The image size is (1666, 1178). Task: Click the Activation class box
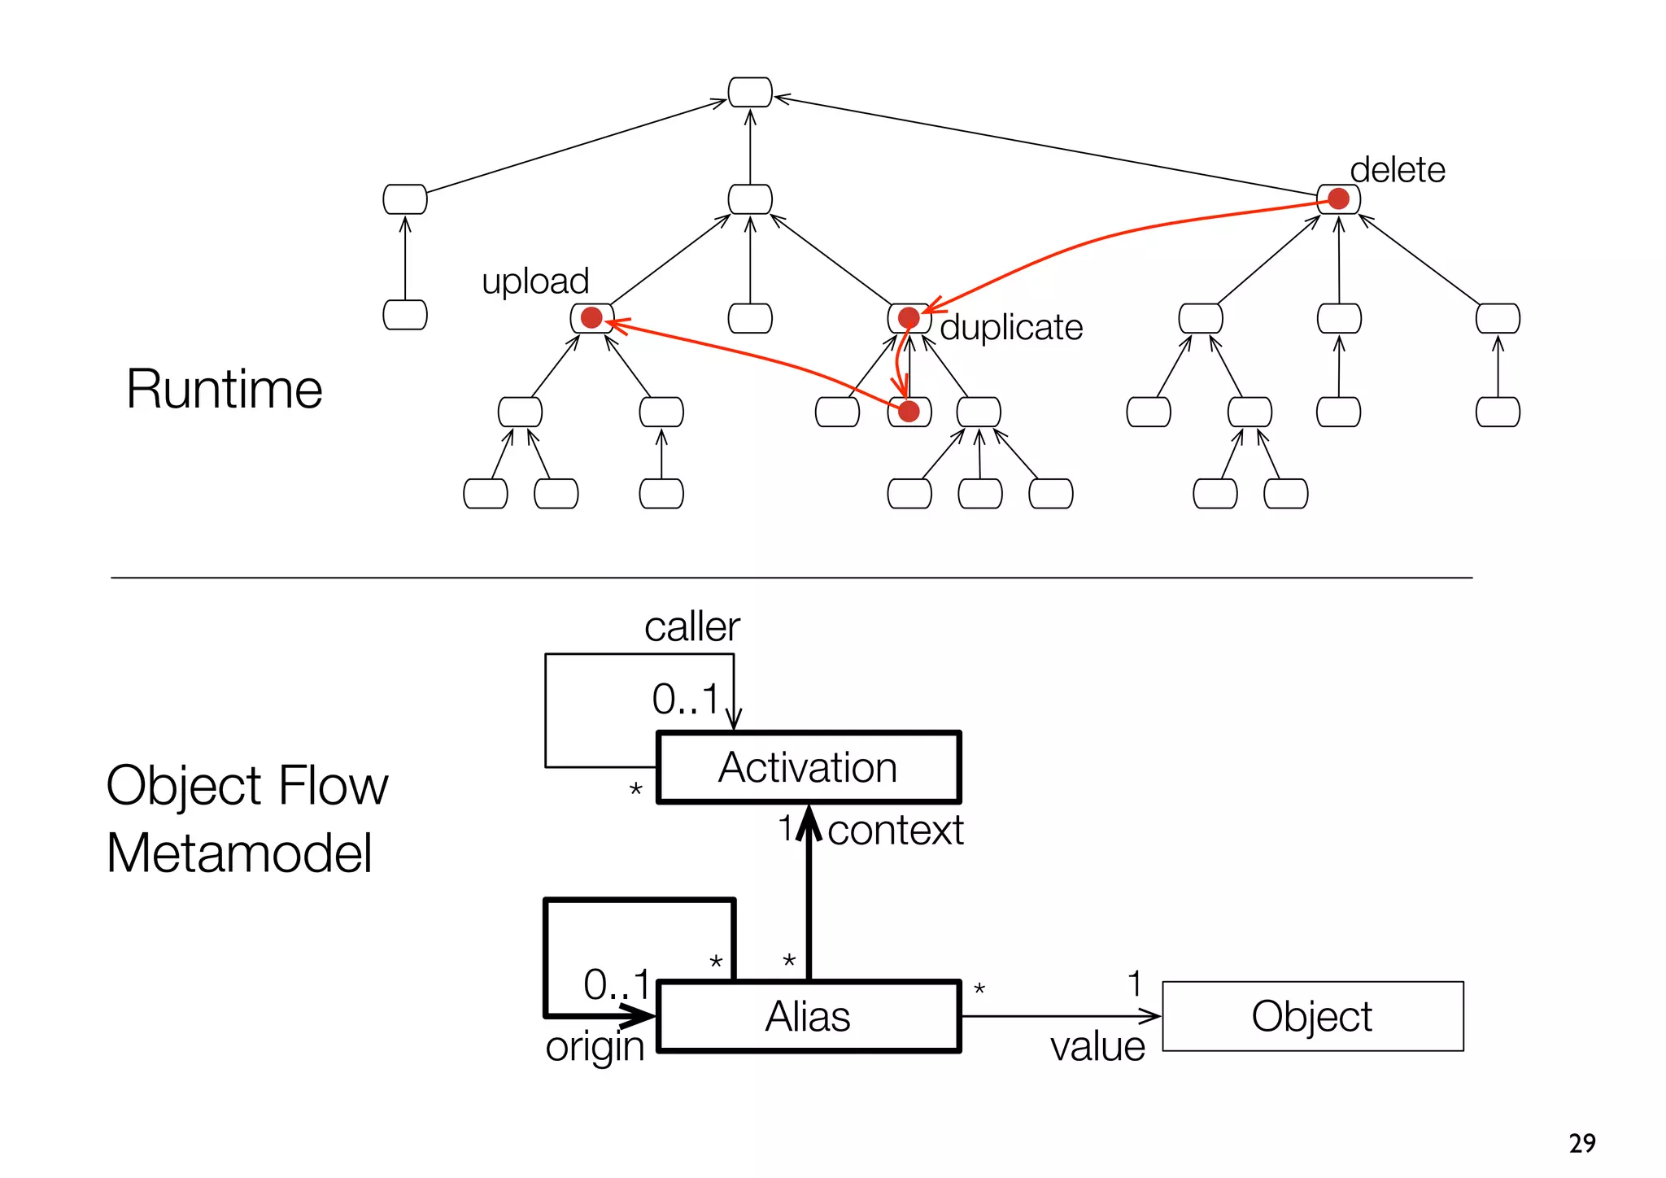808,767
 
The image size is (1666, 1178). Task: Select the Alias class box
808,1016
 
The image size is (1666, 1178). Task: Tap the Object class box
1312,1016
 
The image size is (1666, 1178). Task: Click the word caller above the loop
691,627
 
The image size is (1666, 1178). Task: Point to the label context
895,831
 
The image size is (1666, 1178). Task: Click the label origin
595,1047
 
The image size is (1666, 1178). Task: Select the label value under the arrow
1097,1047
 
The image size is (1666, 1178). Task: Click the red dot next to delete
1338,199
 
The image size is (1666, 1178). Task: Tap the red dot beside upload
591,318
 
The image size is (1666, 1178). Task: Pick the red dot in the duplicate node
909,318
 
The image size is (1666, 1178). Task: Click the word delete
1397,171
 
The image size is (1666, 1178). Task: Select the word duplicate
1011,328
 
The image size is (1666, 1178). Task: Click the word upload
535,281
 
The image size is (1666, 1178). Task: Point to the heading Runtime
225,389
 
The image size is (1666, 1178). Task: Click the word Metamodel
239,853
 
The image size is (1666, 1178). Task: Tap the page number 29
1581,1143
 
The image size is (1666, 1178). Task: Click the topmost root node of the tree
749,92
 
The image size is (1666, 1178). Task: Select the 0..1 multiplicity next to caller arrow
685,700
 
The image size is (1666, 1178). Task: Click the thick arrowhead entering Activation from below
809,820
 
